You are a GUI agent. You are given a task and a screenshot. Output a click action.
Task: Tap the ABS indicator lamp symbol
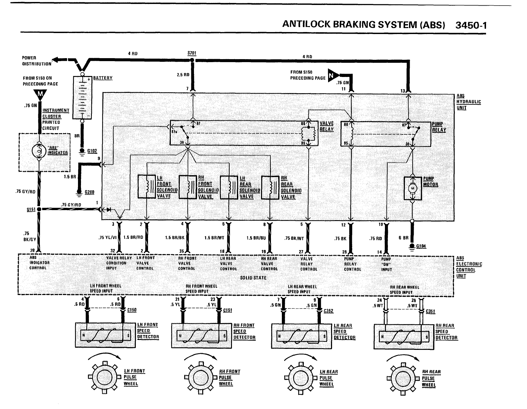(39, 152)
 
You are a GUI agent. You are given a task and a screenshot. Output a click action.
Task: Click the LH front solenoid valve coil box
(146, 187)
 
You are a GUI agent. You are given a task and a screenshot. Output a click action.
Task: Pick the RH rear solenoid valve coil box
(270, 187)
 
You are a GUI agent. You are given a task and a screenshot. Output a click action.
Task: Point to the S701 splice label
(192, 53)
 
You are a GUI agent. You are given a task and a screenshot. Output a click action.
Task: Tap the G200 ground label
(90, 192)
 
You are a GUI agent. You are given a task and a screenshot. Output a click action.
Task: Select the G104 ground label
(421, 246)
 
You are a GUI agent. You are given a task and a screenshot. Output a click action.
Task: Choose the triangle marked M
(40, 95)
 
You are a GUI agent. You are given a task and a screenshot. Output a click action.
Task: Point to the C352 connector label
(328, 311)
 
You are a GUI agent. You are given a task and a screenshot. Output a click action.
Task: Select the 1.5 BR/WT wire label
(214, 237)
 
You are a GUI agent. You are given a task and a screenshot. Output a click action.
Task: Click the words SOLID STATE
(253, 278)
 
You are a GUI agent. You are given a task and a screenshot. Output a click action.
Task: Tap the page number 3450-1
(471, 25)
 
